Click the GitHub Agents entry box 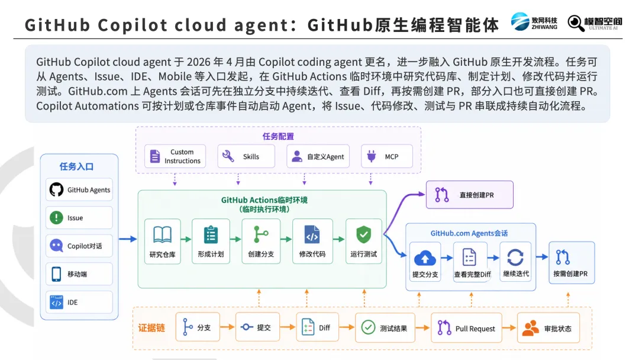[x=79, y=189]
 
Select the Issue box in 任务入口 [x=79, y=218]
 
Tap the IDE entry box [x=79, y=302]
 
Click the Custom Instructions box [x=175, y=156]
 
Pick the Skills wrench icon [x=228, y=156]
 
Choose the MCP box [x=387, y=156]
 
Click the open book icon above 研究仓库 [x=162, y=235]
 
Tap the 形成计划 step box [x=211, y=242]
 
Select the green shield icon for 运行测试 [x=363, y=234]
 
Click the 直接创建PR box [x=469, y=195]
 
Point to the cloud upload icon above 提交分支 [x=425, y=258]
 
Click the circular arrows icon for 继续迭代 [x=515, y=257]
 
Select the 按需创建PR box [x=572, y=262]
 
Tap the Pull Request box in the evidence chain [x=467, y=328]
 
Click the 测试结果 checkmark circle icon [x=368, y=327]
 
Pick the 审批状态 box [x=548, y=328]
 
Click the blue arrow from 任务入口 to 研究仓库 [x=128, y=239]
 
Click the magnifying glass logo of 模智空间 [x=576, y=23]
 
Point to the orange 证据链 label [x=151, y=328]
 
